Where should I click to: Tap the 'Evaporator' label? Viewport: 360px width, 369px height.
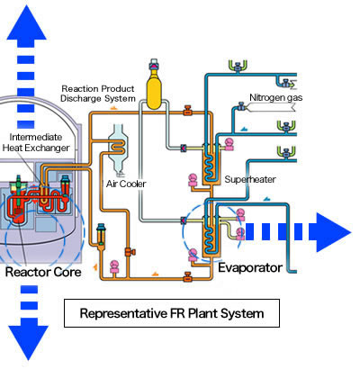pyautogui.click(x=252, y=266)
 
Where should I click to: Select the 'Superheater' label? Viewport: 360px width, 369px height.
pyautogui.click(x=249, y=179)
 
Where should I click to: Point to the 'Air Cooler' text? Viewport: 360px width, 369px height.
pyautogui.click(x=126, y=183)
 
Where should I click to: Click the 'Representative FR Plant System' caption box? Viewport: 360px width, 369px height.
pyautogui.click(x=170, y=314)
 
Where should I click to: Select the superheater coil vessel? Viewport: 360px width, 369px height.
pyautogui.click(x=211, y=162)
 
